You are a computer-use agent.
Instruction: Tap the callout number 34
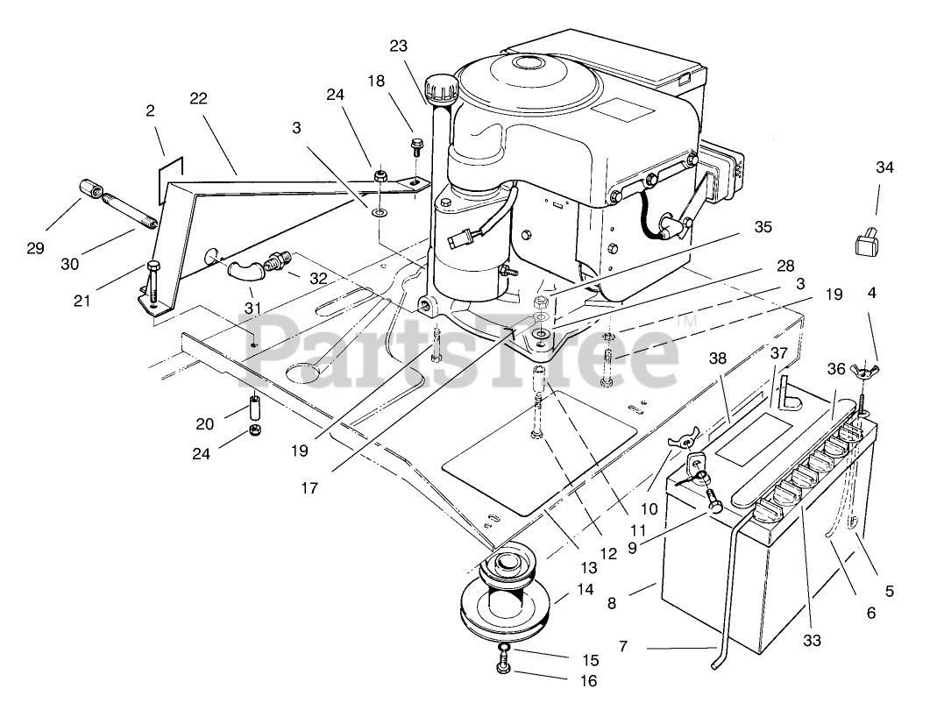pos(884,167)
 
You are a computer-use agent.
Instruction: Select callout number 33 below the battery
pos(812,640)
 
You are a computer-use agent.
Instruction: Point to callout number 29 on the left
pos(34,248)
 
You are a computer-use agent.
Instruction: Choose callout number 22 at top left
pos(198,98)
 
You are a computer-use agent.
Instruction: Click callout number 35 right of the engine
pos(763,226)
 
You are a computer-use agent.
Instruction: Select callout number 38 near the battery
pos(718,358)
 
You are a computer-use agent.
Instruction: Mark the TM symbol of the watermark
pos(686,321)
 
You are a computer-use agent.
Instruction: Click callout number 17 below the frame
pos(308,487)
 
